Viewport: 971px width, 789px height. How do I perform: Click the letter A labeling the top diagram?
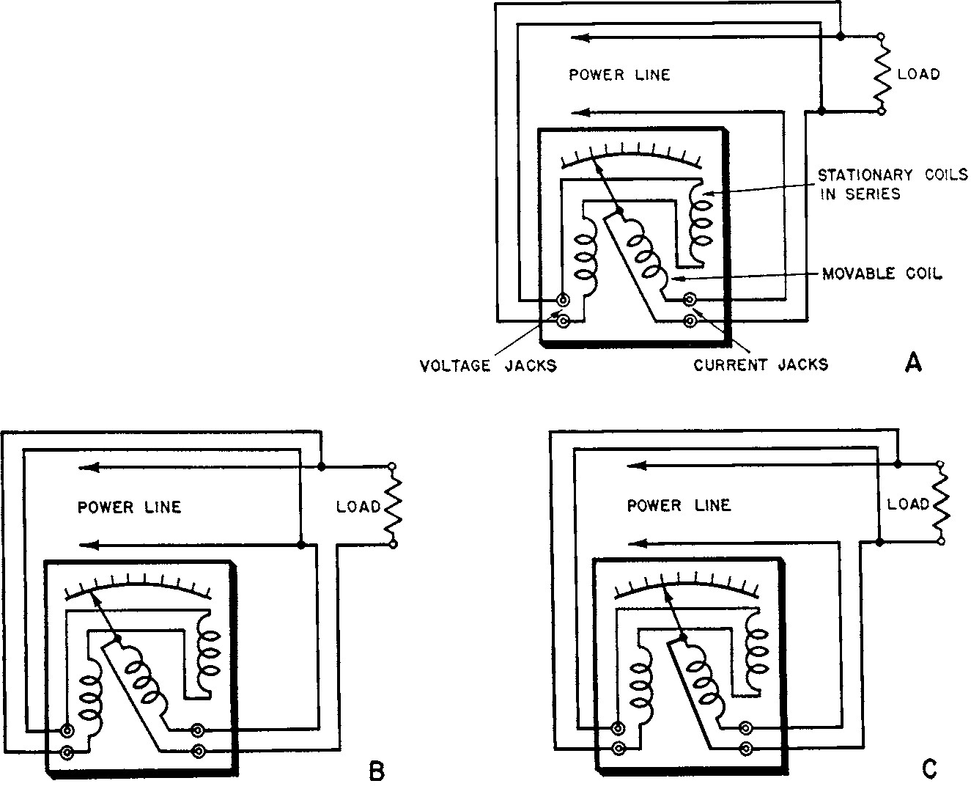(x=913, y=362)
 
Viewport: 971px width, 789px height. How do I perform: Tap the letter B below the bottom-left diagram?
(x=376, y=771)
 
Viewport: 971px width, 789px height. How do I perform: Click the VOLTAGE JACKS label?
(x=488, y=366)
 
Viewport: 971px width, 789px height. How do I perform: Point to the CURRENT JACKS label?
(x=761, y=364)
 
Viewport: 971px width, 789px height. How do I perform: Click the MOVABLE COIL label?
(x=882, y=274)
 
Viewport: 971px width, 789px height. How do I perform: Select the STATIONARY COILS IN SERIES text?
(x=893, y=184)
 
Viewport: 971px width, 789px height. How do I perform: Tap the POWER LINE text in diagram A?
(x=619, y=75)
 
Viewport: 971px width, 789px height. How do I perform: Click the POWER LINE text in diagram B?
(x=130, y=507)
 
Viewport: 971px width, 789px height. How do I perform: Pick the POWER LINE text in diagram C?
(x=679, y=505)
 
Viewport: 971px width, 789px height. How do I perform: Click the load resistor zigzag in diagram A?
(x=882, y=73)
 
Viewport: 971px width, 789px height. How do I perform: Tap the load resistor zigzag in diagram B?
(x=393, y=505)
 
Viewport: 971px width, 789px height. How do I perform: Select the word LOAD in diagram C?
(x=908, y=504)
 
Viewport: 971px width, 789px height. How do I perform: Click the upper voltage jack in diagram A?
(x=563, y=300)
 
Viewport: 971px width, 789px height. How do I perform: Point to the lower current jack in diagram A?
(x=690, y=320)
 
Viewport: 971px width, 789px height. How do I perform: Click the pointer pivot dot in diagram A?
(x=619, y=212)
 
